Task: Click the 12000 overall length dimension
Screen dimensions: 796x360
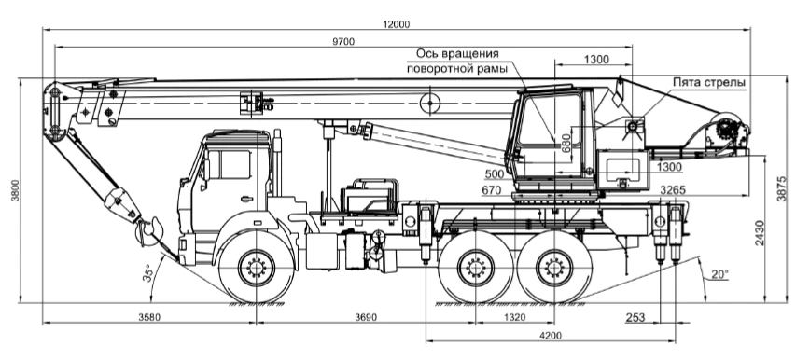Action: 397,23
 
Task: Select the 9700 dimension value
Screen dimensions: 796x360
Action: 343,42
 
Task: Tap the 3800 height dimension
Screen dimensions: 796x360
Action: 15,190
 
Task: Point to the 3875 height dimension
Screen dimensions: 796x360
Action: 782,188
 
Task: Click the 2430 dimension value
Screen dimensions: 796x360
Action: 759,233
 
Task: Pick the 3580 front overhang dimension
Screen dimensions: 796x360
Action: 149,317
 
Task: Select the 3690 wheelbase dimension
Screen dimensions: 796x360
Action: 366,317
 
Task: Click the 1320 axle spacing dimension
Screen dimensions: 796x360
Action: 515,317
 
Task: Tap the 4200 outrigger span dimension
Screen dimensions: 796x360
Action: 551,336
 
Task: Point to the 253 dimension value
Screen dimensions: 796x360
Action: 635,317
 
